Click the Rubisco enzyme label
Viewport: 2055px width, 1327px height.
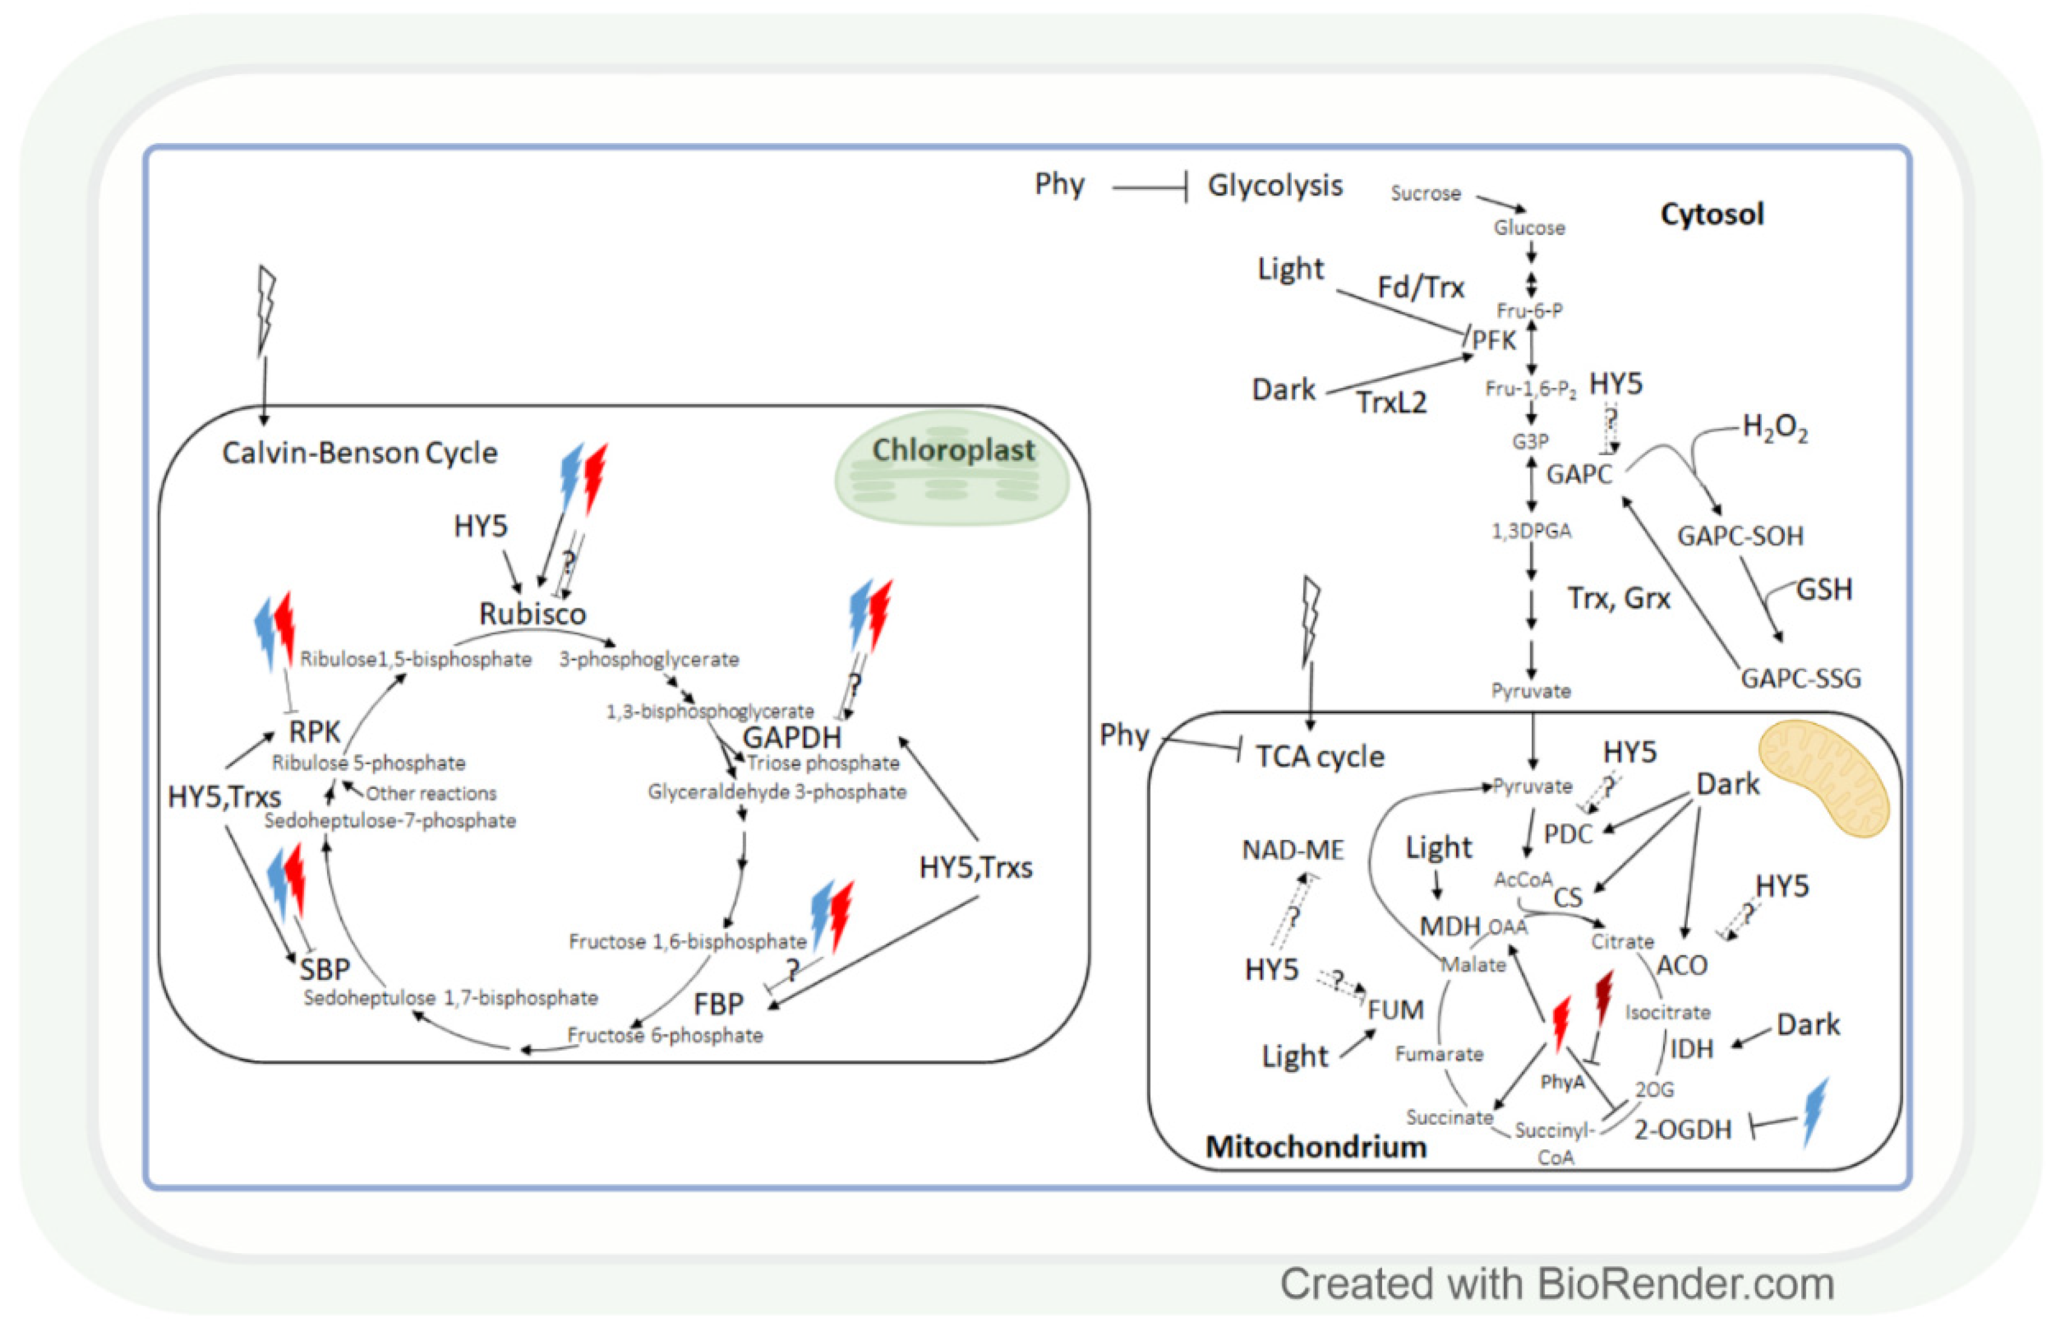(532, 614)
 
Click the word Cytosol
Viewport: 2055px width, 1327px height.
(1712, 214)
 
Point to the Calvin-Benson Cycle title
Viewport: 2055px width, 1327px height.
(359, 453)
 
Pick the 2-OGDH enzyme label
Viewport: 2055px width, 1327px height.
(1682, 1129)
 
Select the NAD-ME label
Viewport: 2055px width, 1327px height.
(1292, 851)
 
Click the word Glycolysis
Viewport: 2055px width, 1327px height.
(1275, 185)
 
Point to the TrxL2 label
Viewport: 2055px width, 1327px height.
(1391, 402)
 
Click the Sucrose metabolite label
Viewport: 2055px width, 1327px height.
(1425, 194)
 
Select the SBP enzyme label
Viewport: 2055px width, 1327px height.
(324, 970)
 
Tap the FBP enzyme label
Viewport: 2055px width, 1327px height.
(718, 1005)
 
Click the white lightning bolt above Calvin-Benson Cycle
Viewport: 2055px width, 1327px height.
(267, 310)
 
